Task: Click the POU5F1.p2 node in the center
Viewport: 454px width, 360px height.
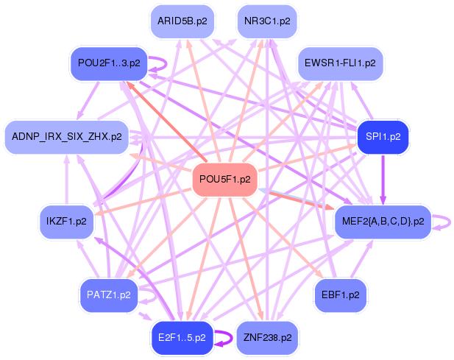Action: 225,179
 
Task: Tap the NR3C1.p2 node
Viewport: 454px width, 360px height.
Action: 268,21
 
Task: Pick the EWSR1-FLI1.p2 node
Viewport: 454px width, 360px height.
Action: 340,63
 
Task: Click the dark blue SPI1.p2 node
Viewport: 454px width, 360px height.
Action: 382,137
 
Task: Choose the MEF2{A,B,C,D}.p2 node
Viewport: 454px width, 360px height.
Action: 383,222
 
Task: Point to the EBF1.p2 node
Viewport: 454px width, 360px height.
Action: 341,294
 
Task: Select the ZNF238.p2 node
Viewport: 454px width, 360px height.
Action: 267,337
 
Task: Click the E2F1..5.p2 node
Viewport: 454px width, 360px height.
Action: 181,337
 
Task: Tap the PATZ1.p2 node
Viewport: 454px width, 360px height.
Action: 108,294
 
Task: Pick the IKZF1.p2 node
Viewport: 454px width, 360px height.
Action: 66,221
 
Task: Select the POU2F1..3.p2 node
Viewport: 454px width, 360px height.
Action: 109,63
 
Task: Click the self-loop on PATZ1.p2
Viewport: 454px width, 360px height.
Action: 151,295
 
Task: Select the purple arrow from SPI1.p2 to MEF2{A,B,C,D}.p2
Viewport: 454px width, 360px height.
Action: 383,179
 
